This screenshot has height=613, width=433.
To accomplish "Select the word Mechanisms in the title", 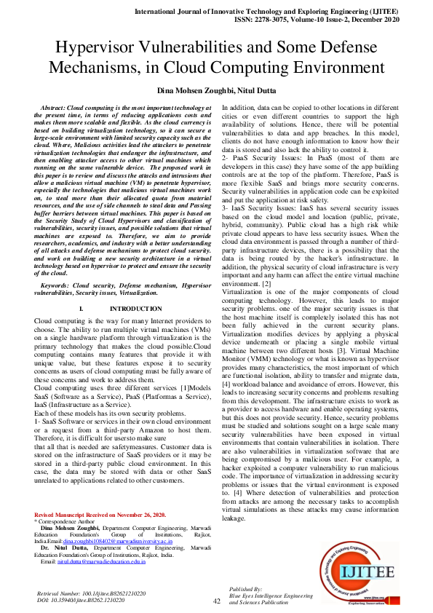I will coord(96,68).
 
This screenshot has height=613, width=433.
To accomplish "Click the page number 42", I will coord(216,601).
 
